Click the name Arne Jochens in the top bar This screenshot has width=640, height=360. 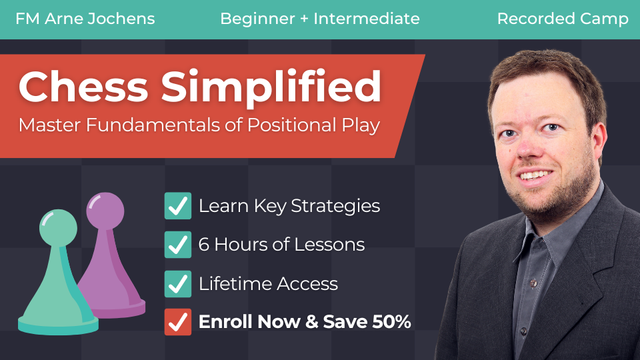pyautogui.click(x=99, y=19)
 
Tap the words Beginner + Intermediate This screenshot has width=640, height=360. pyautogui.click(x=320, y=19)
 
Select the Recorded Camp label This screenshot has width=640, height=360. pyautogui.click(x=563, y=19)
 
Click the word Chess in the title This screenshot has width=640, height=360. pyautogui.click(x=83, y=87)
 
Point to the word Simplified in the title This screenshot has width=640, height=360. pyautogui.click(x=271, y=89)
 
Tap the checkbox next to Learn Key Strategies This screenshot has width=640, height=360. pyautogui.click(x=178, y=206)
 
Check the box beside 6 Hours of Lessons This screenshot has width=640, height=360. pyautogui.click(x=178, y=245)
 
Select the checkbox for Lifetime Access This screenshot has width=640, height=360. pyautogui.click(x=178, y=284)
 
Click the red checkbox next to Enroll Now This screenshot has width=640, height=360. pyautogui.click(x=178, y=322)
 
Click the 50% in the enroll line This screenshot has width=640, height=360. pyautogui.click(x=391, y=321)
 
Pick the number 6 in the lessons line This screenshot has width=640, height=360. pyautogui.click(x=204, y=245)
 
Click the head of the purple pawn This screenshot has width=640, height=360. pyautogui.click(x=105, y=211)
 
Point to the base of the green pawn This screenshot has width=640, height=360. pyautogui.click(x=58, y=325)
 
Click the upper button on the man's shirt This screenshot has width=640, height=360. pyautogui.click(x=533, y=282)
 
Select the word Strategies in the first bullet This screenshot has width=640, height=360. pyautogui.click(x=335, y=206)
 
